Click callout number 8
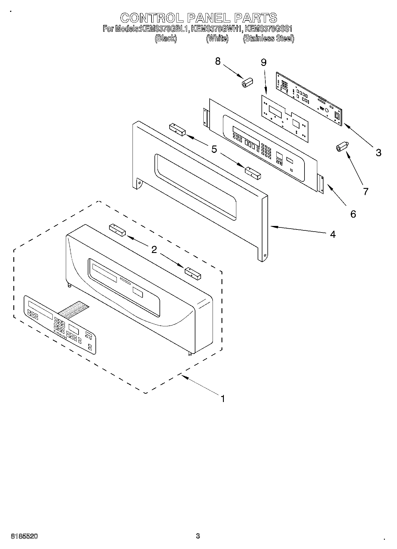[218, 61]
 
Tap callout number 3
[378, 153]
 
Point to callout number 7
[366, 192]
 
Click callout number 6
[353, 214]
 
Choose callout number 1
[223, 398]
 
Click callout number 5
[214, 149]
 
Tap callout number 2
[154, 250]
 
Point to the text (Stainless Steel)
[268, 39]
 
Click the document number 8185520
[24, 536]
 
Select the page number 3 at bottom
[198, 536]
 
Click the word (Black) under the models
[166, 39]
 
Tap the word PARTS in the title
[256, 18]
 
